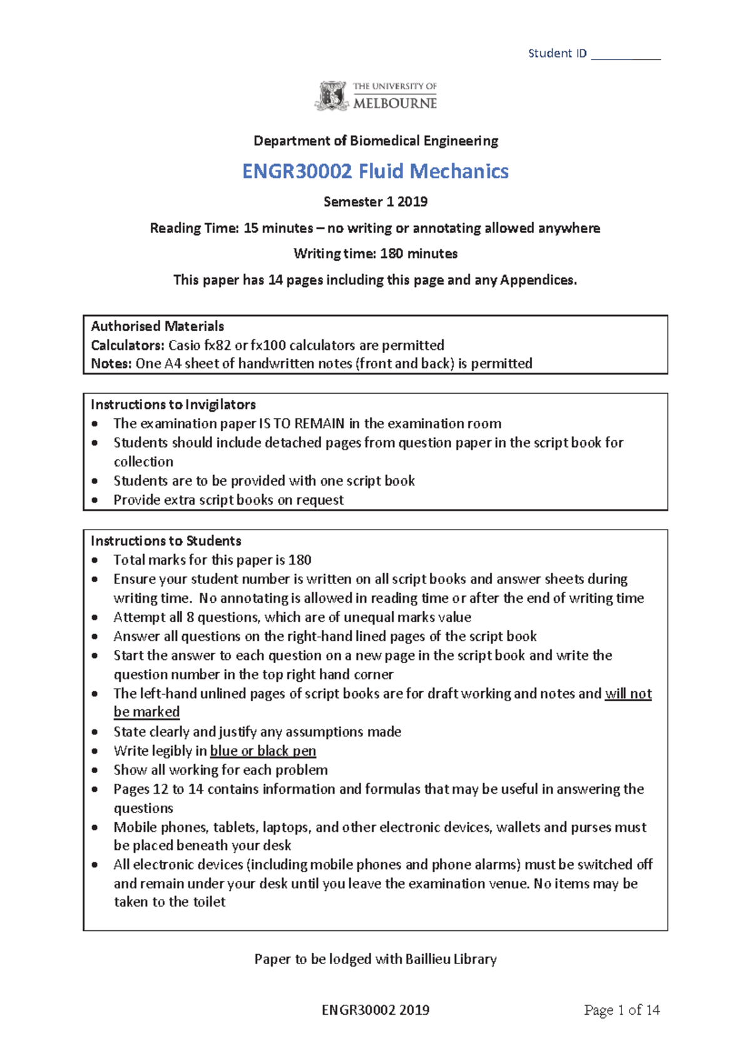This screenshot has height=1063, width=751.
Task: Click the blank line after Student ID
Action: pyautogui.click(x=625, y=55)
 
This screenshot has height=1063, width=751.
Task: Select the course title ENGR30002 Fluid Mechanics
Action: pyautogui.click(x=375, y=171)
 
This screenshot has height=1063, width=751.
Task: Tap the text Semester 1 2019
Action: pyautogui.click(x=375, y=202)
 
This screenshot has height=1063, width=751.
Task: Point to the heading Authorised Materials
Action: pyautogui.click(x=157, y=326)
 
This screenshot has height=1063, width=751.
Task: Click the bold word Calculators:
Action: pyautogui.click(x=128, y=345)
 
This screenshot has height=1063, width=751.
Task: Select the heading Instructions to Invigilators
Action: pyautogui.click(x=173, y=404)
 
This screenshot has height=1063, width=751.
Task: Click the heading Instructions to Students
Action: pyautogui.click(x=166, y=541)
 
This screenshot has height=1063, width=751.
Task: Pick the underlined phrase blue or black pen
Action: pyautogui.click(x=263, y=751)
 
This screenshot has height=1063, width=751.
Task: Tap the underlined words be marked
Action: pyautogui.click(x=146, y=712)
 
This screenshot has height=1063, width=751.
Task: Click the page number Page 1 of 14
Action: pyautogui.click(x=621, y=1010)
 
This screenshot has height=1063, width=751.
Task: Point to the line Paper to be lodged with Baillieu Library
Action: pyautogui.click(x=375, y=959)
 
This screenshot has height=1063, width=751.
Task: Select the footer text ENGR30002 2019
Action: pyautogui.click(x=375, y=1010)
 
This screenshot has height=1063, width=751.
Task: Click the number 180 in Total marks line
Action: pyautogui.click(x=300, y=560)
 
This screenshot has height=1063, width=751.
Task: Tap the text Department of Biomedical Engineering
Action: pyautogui.click(x=375, y=141)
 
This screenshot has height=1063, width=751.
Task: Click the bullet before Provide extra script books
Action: pyautogui.click(x=95, y=500)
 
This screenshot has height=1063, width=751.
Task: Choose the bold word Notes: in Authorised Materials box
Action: pyautogui.click(x=111, y=364)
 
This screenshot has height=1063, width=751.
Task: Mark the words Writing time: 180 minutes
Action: pyautogui.click(x=375, y=254)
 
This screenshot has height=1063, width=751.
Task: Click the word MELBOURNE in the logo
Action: pyautogui.click(x=395, y=103)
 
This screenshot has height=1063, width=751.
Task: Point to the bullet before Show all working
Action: pyautogui.click(x=95, y=770)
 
